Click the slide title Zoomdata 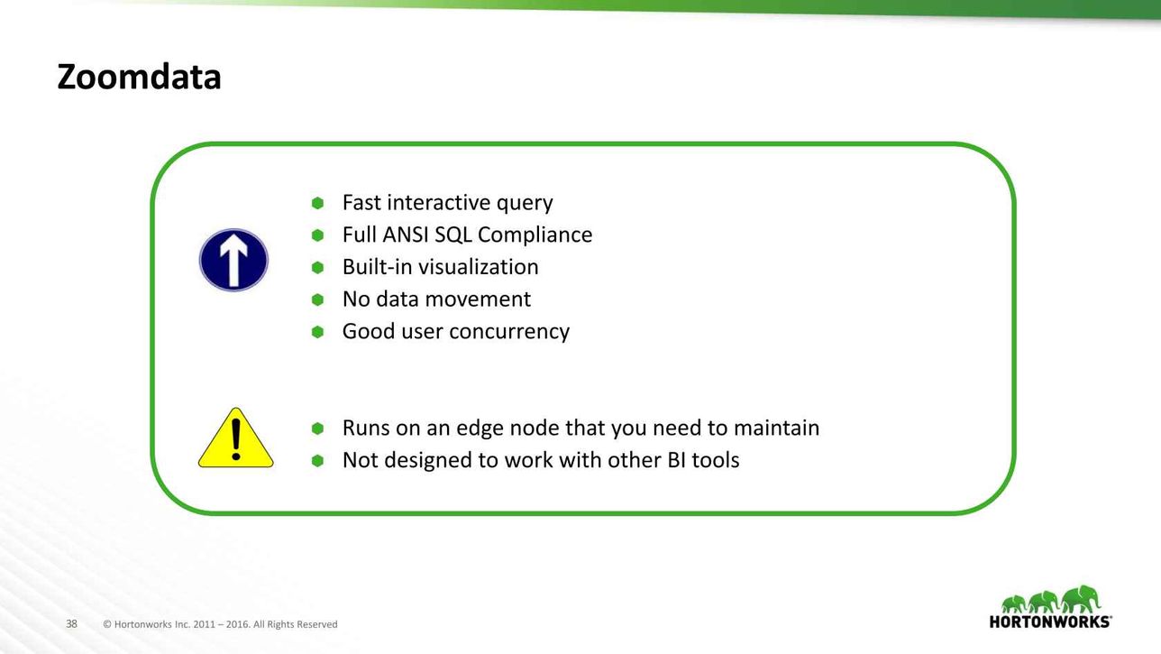point(139,77)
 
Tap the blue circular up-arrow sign point(233,260)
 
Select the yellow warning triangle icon point(236,438)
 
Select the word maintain point(777,428)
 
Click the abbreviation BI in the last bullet point(676,460)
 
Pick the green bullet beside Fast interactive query point(317,203)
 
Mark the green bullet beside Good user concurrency point(317,332)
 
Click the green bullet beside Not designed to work point(317,461)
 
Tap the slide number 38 point(71,623)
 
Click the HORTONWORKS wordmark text point(1050,622)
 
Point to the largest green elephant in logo point(1081,600)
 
